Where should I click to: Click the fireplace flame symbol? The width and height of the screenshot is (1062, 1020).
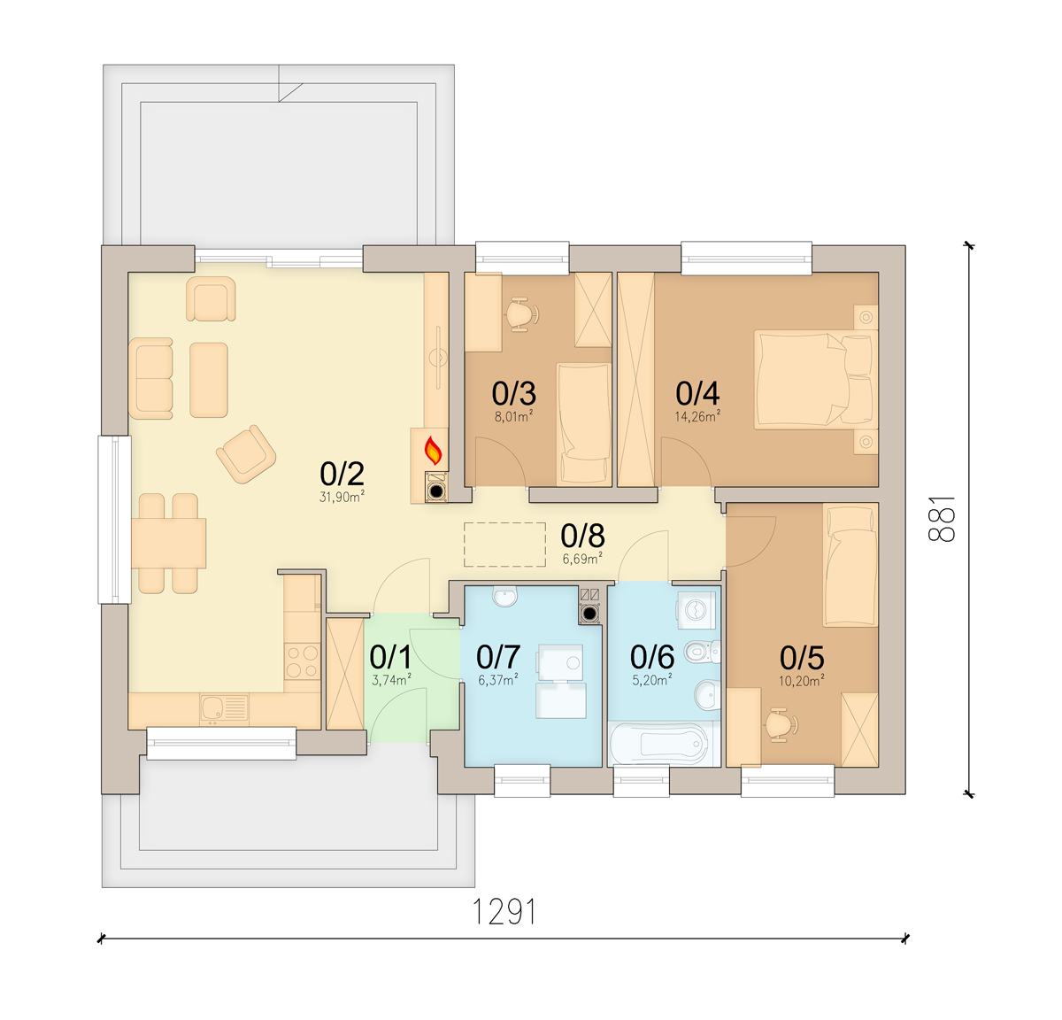coord(434,450)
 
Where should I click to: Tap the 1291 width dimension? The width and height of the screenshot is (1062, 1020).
coord(504,911)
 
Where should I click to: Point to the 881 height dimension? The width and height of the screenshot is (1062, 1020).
coord(942,519)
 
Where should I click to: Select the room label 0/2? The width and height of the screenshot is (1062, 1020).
coord(342,474)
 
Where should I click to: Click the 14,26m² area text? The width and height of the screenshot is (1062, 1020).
coord(696,417)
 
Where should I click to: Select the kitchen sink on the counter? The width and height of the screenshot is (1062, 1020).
coord(224,708)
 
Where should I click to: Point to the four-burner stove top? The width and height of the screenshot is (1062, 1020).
coord(302,661)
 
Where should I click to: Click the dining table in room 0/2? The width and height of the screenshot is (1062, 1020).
coord(169,544)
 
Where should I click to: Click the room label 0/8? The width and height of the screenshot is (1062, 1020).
coord(582,536)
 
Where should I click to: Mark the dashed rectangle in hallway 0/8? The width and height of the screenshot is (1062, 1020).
coord(504,545)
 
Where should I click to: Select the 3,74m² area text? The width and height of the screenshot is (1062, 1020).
coord(391,680)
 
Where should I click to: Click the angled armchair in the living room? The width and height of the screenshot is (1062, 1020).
coord(246,453)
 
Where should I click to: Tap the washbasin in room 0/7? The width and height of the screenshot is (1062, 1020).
coord(504,596)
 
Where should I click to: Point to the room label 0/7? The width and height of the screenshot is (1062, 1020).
coord(497,656)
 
